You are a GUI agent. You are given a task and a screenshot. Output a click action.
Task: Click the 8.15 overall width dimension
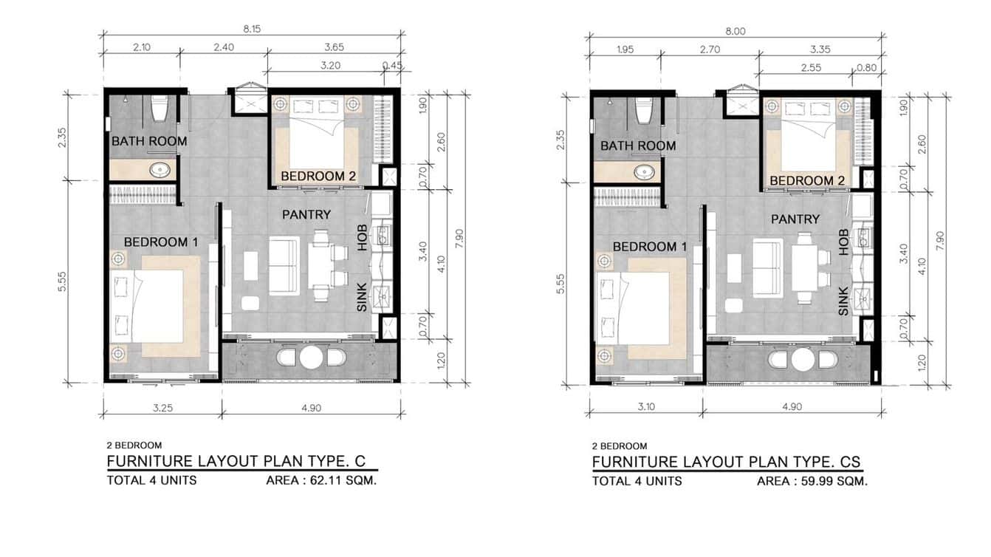tap(252, 30)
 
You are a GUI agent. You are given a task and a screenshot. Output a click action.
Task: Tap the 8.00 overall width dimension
tap(735, 32)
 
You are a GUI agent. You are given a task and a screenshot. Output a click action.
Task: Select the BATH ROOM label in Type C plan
tap(149, 141)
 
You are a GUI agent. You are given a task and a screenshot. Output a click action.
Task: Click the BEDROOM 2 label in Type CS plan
tap(807, 180)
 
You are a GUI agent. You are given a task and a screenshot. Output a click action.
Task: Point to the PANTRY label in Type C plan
tap(306, 214)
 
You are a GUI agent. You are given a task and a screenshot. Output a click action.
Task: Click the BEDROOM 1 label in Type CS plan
tap(650, 247)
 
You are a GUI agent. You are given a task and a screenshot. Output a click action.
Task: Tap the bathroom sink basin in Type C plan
tap(160, 170)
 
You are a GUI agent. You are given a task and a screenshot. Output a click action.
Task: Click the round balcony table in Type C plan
tap(311, 358)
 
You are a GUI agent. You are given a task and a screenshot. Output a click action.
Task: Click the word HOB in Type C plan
tap(363, 238)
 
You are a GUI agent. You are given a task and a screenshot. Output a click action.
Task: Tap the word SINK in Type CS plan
tap(843, 301)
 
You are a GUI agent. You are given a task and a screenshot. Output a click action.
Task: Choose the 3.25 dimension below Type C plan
tap(162, 408)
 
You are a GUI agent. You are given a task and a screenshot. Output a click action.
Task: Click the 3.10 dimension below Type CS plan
tap(646, 406)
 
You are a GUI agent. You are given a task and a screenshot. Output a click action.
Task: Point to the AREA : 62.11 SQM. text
tap(321, 480)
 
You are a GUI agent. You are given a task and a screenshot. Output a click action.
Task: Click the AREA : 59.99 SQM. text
tap(812, 482)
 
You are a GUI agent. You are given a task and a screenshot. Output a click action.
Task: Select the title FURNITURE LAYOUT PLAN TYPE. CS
tap(727, 462)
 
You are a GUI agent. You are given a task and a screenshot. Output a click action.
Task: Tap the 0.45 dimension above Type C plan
tap(392, 66)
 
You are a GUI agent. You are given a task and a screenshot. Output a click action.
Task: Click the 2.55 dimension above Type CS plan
tap(811, 68)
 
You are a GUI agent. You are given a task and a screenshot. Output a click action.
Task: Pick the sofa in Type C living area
tap(284, 265)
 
